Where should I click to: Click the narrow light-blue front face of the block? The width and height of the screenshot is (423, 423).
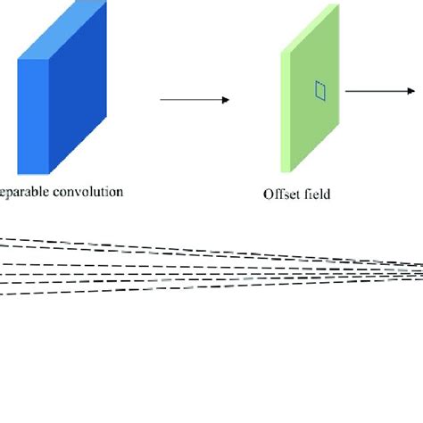[32, 117]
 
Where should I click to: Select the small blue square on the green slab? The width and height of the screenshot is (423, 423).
[320, 89]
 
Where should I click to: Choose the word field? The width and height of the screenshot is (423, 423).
[316, 194]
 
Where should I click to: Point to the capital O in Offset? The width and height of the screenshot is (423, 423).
[268, 194]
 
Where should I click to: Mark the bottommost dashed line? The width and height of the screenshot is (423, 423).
[178, 287]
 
